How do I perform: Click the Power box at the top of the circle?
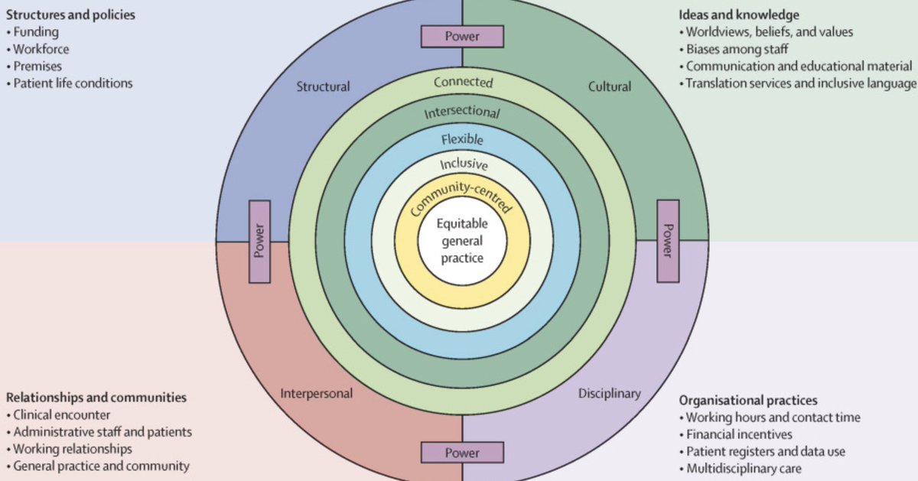[x=462, y=36]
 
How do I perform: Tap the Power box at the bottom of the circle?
[x=462, y=451]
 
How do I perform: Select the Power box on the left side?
[x=259, y=241]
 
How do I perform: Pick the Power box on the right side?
[x=668, y=241]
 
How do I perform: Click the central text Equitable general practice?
[x=461, y=241]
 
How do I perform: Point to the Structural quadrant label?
[x=323, y=86]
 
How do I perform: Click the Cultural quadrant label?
[x=610, y=86]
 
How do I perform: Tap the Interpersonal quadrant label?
[x=316, y=394]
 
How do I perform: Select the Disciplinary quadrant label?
[x=609, y=394]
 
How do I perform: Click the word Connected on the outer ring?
[x=463, y=82]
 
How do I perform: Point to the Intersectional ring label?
[x=462, y=112]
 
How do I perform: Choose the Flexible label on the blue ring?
[x=462, y=139]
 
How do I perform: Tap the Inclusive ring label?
[x=463, y=164]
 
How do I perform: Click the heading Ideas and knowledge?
[x=739, y=15]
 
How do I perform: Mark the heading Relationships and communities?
[x=96, y=398]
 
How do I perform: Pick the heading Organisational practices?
[x=748, y=400]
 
